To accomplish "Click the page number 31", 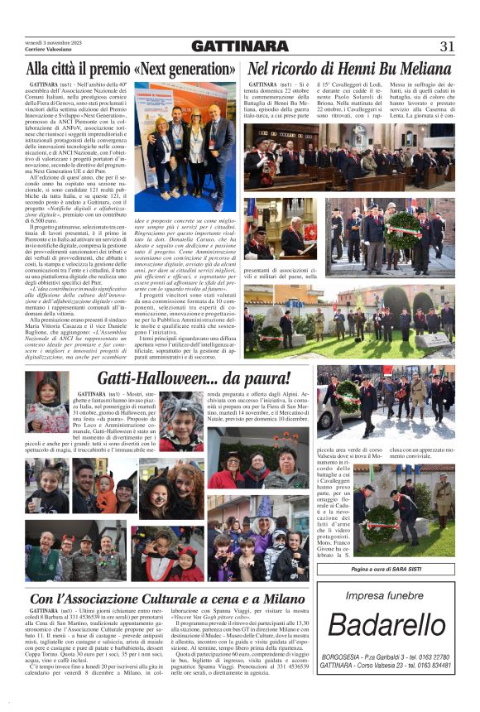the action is [x=447, y=46].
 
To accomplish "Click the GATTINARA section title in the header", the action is [x=240, y=46].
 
